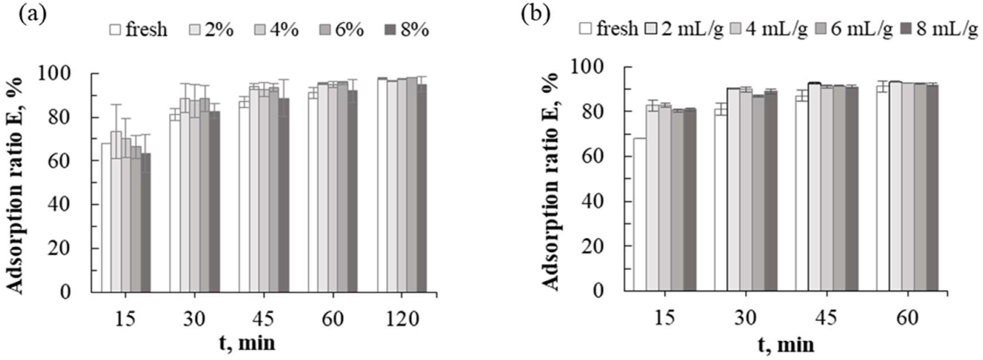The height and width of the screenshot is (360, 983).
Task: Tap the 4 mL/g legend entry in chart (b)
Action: coord(768,29)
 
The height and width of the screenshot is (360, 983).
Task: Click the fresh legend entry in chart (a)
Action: coord(138,30)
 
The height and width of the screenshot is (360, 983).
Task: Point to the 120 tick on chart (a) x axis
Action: coord(402,319)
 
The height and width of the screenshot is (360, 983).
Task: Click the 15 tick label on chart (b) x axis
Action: coord(665,317)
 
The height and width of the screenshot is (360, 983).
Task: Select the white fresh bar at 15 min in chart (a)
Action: coord(106,217)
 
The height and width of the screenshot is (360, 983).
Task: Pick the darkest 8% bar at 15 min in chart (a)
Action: coord(145,223)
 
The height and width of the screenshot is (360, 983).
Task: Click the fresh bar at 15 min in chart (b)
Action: coord(640,214)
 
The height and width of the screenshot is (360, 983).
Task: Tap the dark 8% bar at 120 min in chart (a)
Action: coord(422,188)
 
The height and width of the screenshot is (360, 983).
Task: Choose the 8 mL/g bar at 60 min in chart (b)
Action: coord(932,188)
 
